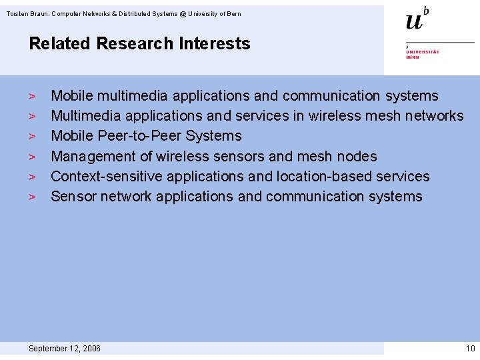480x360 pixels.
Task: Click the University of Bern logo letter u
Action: coord(414,21)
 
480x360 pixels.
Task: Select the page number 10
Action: coord(470,349)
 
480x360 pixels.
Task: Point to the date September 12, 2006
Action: coord(65,349)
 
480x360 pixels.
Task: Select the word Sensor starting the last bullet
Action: coord(73,197)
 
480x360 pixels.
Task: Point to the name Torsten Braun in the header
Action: coord(26,14)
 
